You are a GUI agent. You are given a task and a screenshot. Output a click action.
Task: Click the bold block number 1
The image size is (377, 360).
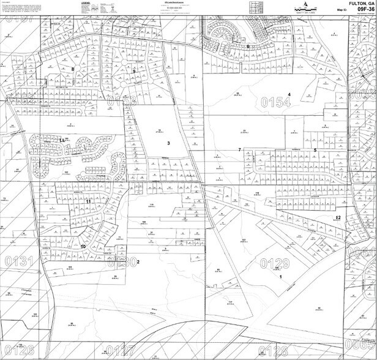pos(281,277)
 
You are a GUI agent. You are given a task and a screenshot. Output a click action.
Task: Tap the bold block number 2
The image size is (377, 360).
pos(139,262)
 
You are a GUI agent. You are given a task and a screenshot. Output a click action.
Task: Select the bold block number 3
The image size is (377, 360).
pos(168,143)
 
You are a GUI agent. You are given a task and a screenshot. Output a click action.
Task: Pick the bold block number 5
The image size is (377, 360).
pos(315,150)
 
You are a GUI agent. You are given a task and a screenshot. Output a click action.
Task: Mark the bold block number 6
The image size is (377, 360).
pos(248,29)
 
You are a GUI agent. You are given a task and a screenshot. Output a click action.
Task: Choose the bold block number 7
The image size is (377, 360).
pos(239,150)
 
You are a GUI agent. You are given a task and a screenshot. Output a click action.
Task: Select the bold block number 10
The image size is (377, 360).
pos(83,247)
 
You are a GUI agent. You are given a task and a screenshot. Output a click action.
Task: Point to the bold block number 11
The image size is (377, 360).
pos(88,201)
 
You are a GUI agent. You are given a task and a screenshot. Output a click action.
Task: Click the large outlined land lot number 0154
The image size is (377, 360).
pos(275,102)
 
